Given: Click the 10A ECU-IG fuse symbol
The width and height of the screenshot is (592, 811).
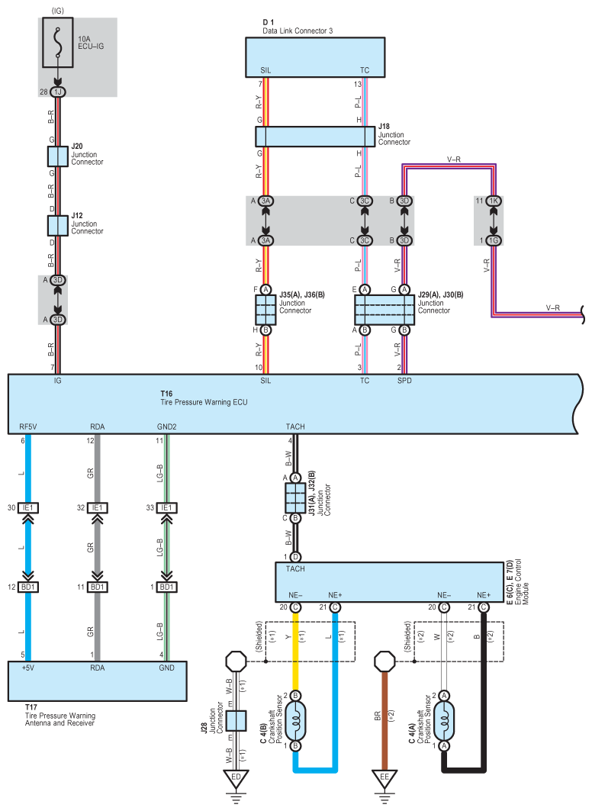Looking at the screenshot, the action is click(57, 43).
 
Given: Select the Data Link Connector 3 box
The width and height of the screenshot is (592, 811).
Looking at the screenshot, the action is click(315, 57).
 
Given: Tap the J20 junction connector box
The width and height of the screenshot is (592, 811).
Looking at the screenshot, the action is click(57, 156).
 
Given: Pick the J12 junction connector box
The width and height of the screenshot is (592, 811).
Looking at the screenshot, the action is click(57, 226).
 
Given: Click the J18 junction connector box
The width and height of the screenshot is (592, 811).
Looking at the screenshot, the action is click(315, 137).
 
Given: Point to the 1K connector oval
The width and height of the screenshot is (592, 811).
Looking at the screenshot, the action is click(494, 201).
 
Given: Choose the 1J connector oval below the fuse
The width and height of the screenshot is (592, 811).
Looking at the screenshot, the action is click(57, 92).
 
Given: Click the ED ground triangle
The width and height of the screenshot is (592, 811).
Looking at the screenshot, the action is click(236, 778).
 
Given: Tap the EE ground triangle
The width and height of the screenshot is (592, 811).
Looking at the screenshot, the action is click(384, 778).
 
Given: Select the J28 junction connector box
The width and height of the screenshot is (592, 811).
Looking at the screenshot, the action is click(236, 720).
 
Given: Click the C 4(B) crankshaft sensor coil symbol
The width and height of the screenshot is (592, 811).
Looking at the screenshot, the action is click(295, 720).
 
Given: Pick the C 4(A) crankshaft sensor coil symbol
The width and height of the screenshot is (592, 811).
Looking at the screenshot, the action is click(443, 720).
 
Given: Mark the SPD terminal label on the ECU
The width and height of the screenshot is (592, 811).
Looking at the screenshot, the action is click(404, 381).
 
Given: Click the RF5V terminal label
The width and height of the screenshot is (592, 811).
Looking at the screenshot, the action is click(28, 426).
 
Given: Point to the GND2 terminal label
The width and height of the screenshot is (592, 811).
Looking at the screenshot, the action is click(166, 426).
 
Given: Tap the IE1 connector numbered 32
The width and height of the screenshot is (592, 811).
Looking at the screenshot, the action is click(97, 508).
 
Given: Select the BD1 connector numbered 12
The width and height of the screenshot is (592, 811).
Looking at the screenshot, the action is click(28, 587).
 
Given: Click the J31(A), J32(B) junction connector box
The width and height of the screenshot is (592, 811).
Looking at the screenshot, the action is click(295, 498).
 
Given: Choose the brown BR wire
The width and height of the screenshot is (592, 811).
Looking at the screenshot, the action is click(384, 719).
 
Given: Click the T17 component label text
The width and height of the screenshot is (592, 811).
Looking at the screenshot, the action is click(60, 716).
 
